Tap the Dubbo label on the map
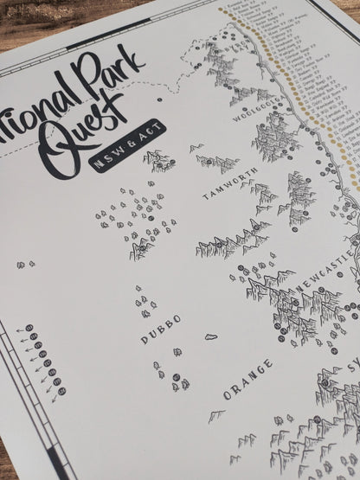coord(161,330)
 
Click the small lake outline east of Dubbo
coord(211,336)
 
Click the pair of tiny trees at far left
coord(29,264)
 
